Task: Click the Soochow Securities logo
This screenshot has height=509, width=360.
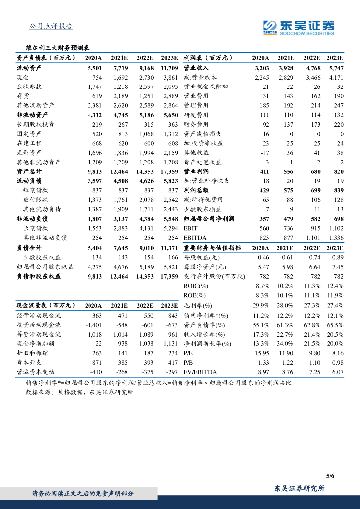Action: (x=298, y=28)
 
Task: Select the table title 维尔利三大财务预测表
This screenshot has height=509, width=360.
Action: (x=57, y=48)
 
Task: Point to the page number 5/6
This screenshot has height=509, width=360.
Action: (x=330, y=476)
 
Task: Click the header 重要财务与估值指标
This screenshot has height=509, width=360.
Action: (x=212, y=247)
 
